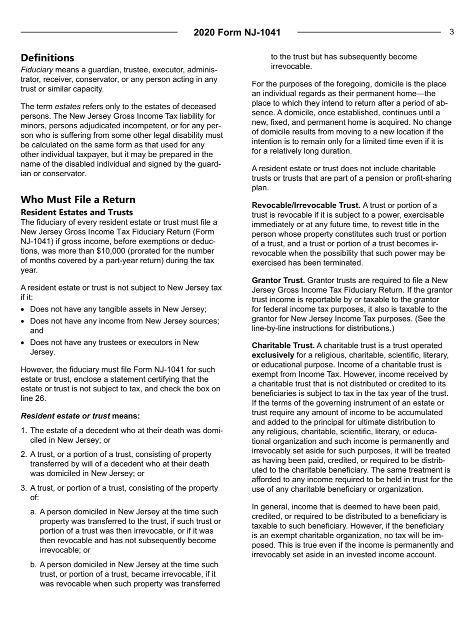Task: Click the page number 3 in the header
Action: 451,32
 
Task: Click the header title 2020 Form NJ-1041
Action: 237,33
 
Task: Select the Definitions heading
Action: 47,57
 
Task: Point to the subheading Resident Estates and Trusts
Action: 76,212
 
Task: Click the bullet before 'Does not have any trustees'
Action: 23,342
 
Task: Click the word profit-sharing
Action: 425,178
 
